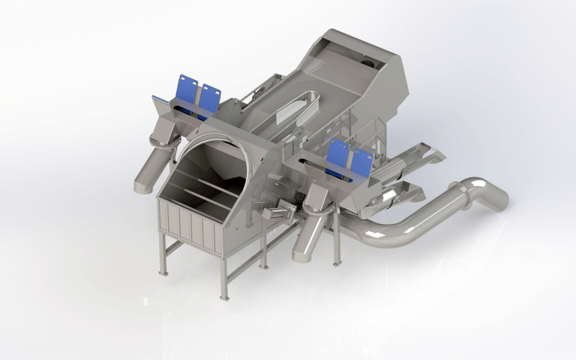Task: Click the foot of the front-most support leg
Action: (225, 297)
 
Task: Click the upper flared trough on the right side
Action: (421, 155)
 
